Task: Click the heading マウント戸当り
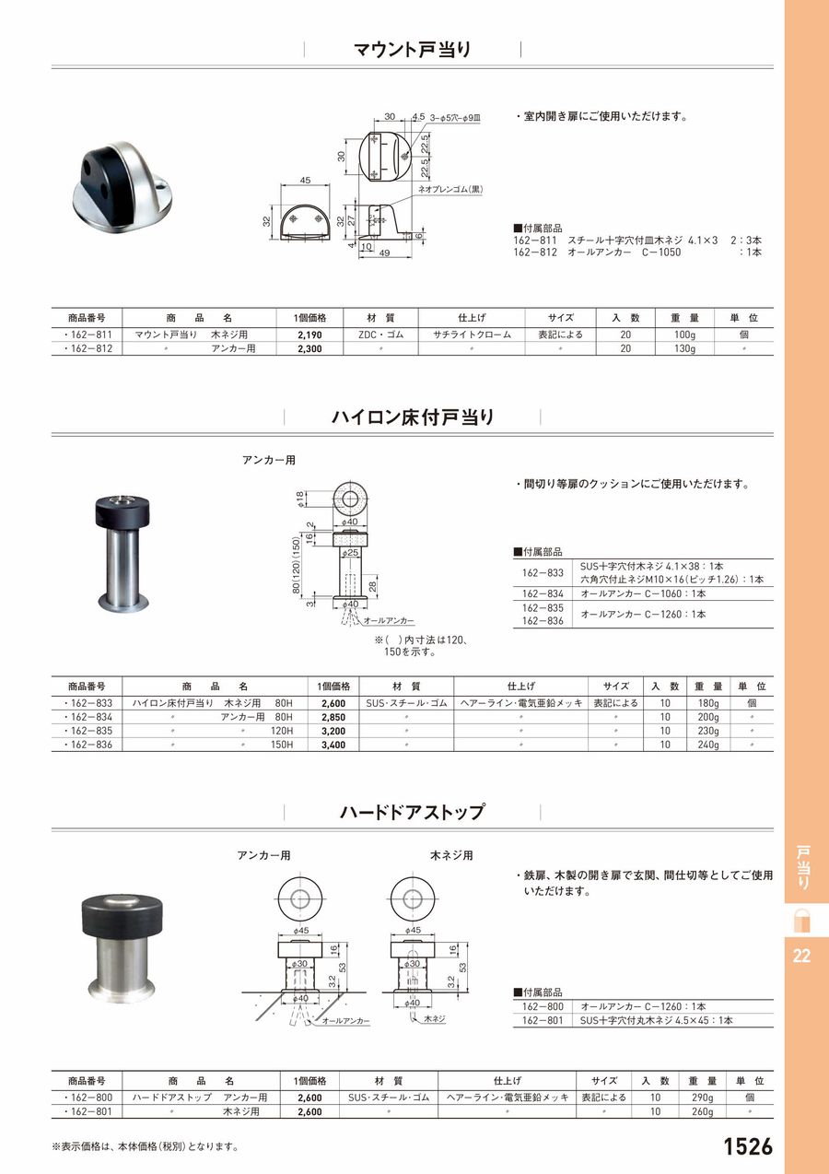pyautogui.click(x=413, y=50)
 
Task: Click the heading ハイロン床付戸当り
pyautogui.click(x=413, y=417)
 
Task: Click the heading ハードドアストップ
pyautogui.click(x=412, y=813)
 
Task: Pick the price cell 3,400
pyautogui.click(x=332, y=745)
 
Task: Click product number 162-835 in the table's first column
pyautogui.click(x=89, y=731)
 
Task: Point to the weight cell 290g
pyautogui.click(x=703, y=1098)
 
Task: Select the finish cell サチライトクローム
pyautogui.click(x=471, y=335)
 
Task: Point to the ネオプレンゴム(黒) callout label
pyautogui.click(x=450, y=190)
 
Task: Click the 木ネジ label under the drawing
pyautogui.click(x=435, y=1020)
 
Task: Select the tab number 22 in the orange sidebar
pyautogui.click(x=800, y=957)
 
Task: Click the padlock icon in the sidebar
pyautogui.click(x=800, y=920)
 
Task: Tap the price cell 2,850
pyautogui.click(x=332, y=717)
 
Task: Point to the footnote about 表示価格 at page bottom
pyautogui.click(x=146, y=1147)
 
